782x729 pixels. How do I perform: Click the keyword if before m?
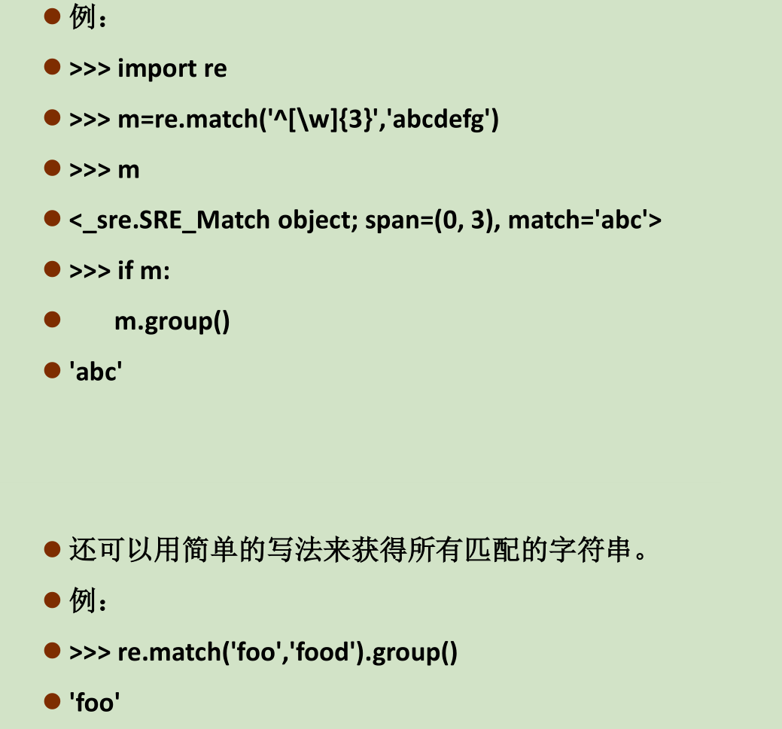coord(125,271)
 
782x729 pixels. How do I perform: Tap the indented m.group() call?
coord(172,322)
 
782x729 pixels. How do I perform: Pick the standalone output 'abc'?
coord(95,372)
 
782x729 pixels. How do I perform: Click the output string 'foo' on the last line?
coord(95,703)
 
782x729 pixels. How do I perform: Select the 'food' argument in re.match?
coord(324,652)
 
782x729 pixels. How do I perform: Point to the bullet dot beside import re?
coord(52,68)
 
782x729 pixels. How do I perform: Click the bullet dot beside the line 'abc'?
coord(52,370)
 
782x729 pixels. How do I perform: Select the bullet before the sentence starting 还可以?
coord(52,549)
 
